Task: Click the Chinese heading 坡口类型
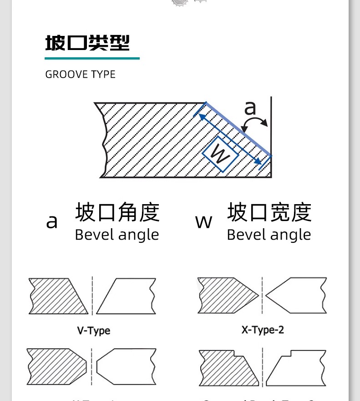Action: (x=87, y=43)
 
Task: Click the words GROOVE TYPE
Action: (x=80, y=75)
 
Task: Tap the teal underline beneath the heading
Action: (x=92, y=58)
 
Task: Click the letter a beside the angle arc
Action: (x=250, y=109)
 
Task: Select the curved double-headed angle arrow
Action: (x=255, y=121)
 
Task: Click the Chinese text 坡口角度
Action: (x=117, y=212)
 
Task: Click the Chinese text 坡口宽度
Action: (x=269, y=212)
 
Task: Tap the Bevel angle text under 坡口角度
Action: (x=117, y=235)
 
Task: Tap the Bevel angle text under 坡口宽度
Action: (x=269, y=235)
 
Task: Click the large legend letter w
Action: (x=203, y=221)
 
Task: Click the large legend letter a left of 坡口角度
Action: (x=52, y=221)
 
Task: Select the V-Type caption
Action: (x=93, y=331)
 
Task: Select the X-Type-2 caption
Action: (x=263, y=330)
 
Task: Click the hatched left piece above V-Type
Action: (x=57, y=296)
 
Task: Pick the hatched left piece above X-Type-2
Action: (x=223, y=295)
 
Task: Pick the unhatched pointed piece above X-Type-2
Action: (x=298, y=295)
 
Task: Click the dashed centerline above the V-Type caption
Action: (x=92, y=296)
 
